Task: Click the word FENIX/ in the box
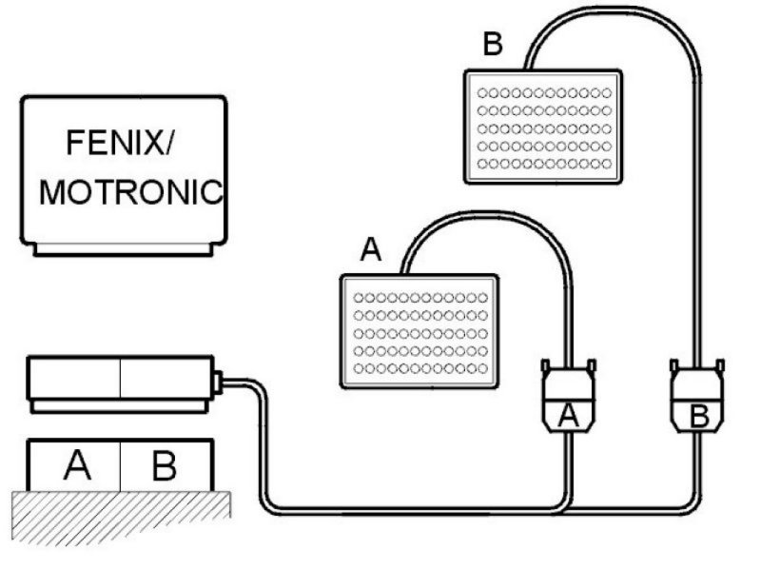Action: (x=122, y=145)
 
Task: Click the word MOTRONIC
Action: (x=130, y=192)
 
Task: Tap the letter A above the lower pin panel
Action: (x=371, y=250)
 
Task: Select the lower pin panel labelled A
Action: (x=420, y=332)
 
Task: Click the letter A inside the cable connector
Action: (x=567, y=416)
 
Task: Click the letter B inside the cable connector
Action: (x=697, y=416)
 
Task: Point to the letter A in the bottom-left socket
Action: (x=78, y=465)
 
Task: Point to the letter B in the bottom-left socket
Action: (x=164, y=465)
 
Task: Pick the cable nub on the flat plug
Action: (x=218, y=383)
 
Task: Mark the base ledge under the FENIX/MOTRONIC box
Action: (x=121, y=249)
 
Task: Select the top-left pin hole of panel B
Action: (x=482, y=92)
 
